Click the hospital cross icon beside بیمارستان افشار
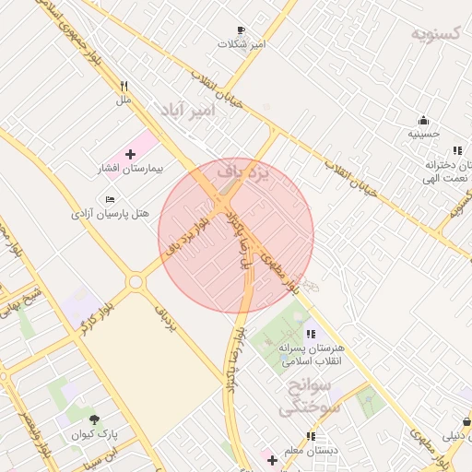pyautogui.click(x=129, y=153)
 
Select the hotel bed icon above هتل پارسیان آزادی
pyautogui.click(x=111, y=198)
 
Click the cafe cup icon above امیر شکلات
pyautogui.click(x=242, y=29)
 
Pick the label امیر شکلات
pyautogui.click(x=242, y=43)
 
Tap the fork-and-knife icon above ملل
pyautogui.click(x=124, y=85)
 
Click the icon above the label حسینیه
pyautogui.click(x=423, y=120)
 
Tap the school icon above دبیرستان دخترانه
pyautogui.click(x=456, y=150)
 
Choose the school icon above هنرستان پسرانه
pyautogui.click(x=310, y=334)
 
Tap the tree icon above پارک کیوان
pyautogui.click(x=94, y=420)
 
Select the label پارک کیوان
pyautogui.click(x=95, y=433)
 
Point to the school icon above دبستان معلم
pyautogui.click(x=311, y=436)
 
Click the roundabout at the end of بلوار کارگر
pyautogui.click(x=136, y=281)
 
